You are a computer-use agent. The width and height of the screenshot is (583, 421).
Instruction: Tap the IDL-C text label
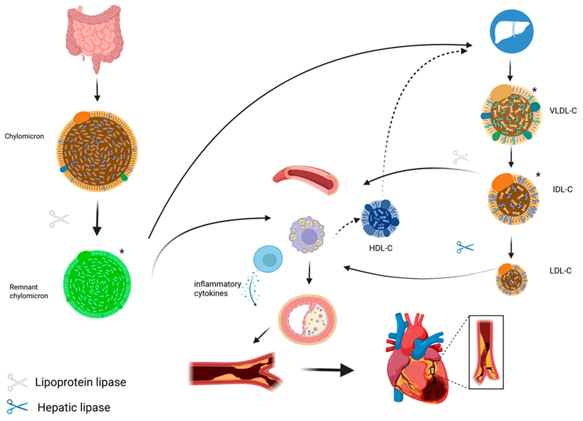click(x=562, y=189)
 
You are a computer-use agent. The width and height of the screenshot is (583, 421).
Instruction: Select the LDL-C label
click(x=560, y=271)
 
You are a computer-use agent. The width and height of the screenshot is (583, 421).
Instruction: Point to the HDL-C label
click(x=381, y=248)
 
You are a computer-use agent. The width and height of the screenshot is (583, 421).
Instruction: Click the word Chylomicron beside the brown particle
click(x=24, y=136)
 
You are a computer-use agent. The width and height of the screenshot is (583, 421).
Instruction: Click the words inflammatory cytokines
click(x=217, y=289)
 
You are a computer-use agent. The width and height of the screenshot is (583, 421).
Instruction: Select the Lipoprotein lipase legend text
click(x=80, y=382)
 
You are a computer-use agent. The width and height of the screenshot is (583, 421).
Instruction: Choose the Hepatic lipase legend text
click(x=74, y=407)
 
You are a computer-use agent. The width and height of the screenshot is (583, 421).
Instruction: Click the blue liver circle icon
click(x=511, y=31)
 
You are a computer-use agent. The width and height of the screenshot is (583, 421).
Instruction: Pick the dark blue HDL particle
click(x=380, y=218)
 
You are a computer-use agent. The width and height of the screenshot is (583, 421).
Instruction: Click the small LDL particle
click(x=511, y=279)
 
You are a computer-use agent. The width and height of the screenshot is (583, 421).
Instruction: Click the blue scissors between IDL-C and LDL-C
click(x=465, y=247)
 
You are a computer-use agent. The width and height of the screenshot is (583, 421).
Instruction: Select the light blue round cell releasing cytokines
click(x=268, y=259)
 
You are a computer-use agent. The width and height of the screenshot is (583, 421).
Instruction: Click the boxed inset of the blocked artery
click(x=486, y=352)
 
